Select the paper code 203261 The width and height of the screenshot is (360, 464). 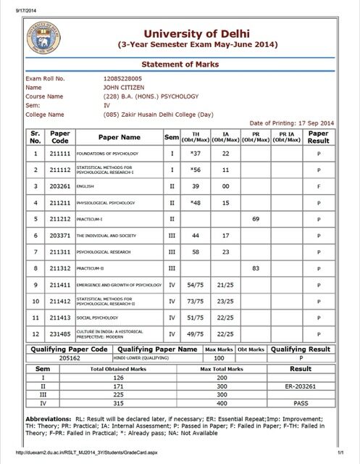point(59,185)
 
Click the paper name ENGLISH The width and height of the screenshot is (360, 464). point(87,186)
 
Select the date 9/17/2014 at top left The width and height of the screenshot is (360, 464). point(16,4)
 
